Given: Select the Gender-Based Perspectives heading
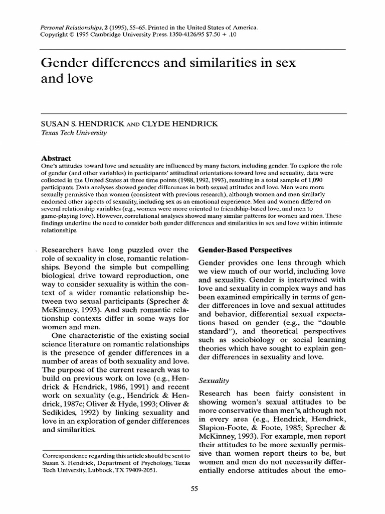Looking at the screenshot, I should point(245,249).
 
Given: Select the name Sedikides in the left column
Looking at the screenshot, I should point(62,412).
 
